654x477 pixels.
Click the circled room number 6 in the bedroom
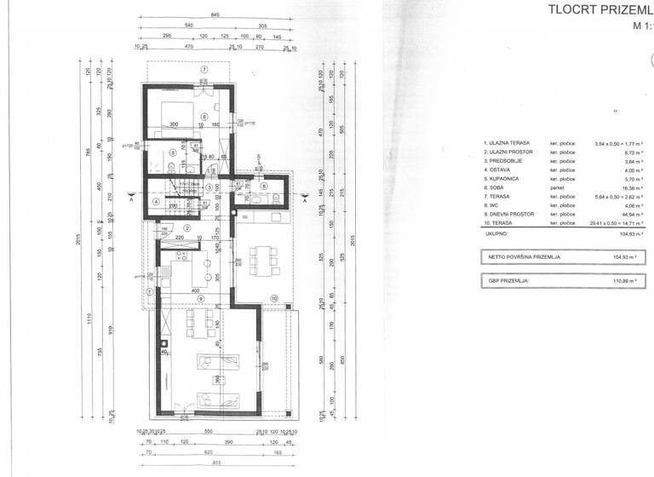[204, 117]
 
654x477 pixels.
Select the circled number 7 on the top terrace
[204, 68]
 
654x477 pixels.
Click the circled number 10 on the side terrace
[274, 298]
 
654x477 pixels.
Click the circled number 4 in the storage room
[156, 201]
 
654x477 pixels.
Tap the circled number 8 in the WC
[265, 187]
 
